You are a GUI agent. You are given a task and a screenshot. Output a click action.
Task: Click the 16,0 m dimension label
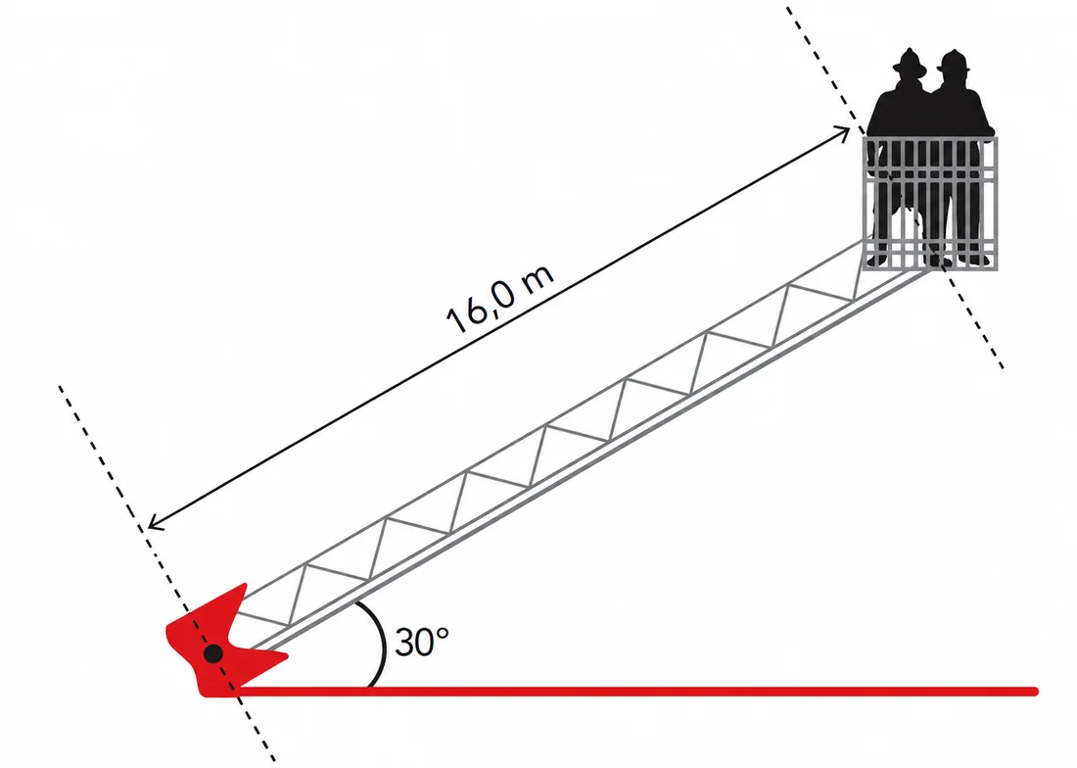coord(500,297)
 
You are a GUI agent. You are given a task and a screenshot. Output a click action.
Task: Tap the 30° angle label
coord(422,643)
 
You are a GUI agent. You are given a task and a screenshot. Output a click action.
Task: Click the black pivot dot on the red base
coord(213,653)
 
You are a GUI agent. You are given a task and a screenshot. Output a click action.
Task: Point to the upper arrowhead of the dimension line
coord(843,132)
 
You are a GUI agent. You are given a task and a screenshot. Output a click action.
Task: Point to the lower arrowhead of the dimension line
coord(156,523)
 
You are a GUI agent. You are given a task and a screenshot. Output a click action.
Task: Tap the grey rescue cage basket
coord(930,204)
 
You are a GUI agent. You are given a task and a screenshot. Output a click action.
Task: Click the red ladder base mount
coord(218,646)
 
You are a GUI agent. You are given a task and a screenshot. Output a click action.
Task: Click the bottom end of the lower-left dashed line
coord(274,760)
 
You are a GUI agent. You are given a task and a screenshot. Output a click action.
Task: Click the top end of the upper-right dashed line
coord(788,8)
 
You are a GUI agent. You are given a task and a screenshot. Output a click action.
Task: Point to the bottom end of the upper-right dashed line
coord(1003,367)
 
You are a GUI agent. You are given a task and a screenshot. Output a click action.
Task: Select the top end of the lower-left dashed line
coord(60,387)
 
